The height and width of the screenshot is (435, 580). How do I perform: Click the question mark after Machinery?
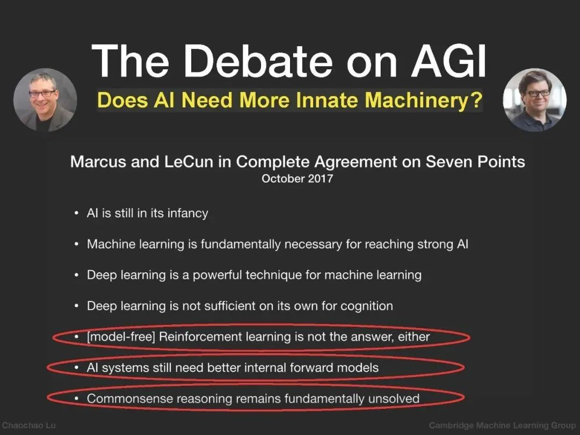[x=477, y=100]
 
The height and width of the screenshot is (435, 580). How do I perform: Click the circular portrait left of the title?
[x=45, y=100]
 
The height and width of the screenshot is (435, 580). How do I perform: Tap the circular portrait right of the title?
[x=534, y=100]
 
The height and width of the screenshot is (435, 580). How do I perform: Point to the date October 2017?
[x=298, y=179]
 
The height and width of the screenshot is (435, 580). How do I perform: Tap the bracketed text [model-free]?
[x=121, y=337]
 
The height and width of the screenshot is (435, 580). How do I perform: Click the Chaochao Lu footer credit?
[x=29, y=425]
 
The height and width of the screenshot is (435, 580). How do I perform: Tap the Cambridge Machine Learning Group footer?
[x=502, y=426]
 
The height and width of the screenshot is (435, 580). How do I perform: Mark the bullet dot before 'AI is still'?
[x=76, y=213]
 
